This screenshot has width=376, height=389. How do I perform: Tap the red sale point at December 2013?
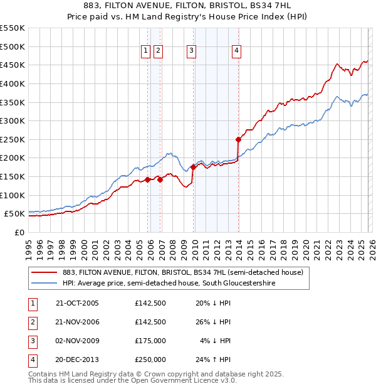click(x=238, y=139)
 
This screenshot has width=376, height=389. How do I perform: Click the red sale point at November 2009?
click(x=193, y=167)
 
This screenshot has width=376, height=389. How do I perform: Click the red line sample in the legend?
click(x=44, y=272)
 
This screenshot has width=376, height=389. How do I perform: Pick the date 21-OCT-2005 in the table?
click(x=77, y=303)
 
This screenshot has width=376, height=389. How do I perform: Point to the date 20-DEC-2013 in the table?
click(x=77, y=360)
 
